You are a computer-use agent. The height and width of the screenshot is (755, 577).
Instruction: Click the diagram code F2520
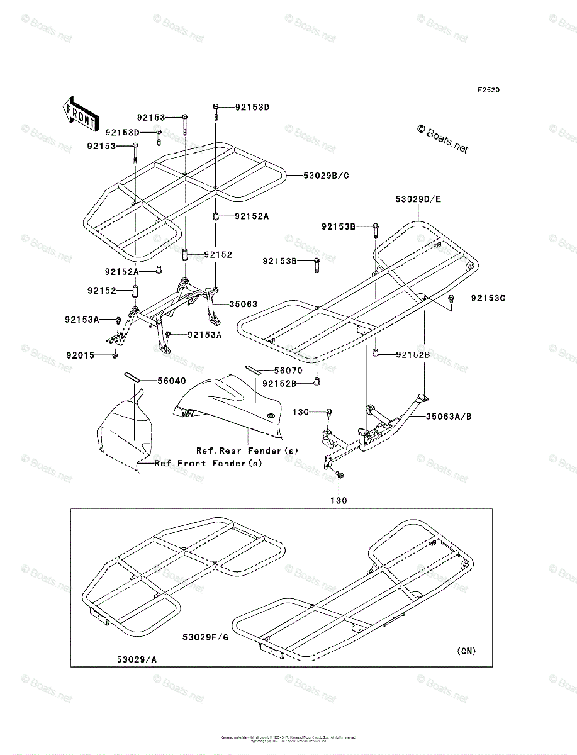coord(488,90)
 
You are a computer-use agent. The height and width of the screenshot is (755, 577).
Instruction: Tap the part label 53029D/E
coord(418,199)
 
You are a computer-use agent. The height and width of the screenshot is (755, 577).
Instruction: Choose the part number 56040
coord(154,381)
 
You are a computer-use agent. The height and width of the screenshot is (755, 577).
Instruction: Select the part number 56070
coord(288,371)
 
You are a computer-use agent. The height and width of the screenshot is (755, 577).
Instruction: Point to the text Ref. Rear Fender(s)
coord(247,450)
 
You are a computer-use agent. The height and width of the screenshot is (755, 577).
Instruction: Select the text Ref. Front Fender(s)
coord(209,463)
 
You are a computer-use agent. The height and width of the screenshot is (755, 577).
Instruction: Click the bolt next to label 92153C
coord(452,299)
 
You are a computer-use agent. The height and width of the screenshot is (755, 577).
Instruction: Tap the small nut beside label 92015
coord(115,356)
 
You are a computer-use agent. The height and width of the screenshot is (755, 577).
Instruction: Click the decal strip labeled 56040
coord(132,376)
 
